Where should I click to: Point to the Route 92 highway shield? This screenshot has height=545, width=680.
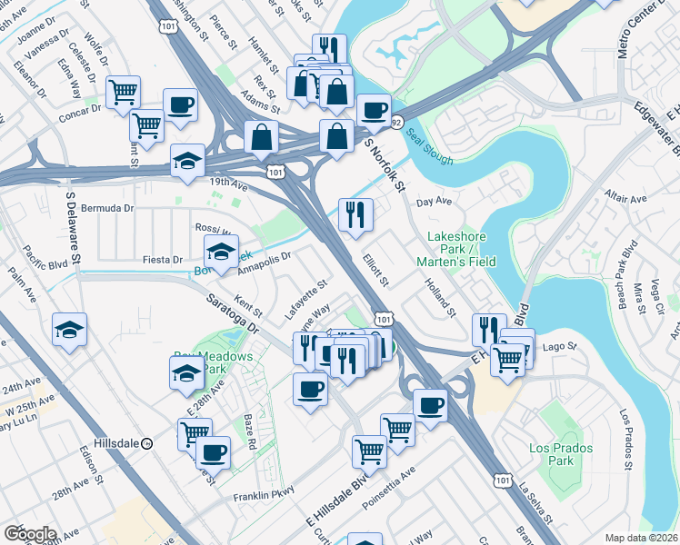(x=396, y=122)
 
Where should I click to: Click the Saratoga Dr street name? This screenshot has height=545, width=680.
(x=233, y=312)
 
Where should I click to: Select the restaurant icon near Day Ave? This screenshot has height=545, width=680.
(x=353, y=213)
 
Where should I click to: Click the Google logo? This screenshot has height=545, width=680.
(x=30, y=534)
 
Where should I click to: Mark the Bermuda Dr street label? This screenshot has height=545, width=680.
(x=107, y=208)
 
